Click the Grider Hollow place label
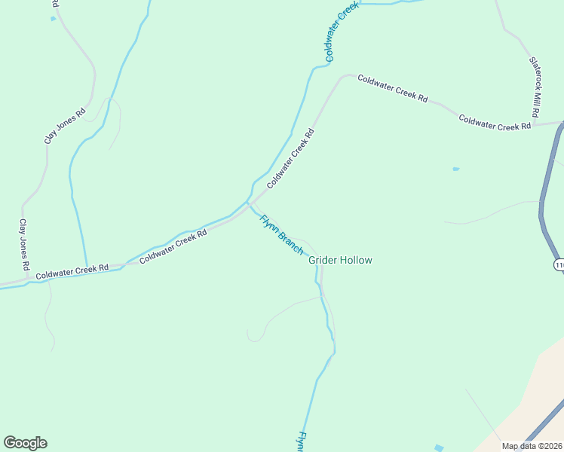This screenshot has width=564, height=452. click(340, 260)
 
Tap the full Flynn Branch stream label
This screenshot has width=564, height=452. click(281, 234)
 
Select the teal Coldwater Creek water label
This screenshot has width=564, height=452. click(341, 32)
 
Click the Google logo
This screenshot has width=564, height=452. click(25, 443)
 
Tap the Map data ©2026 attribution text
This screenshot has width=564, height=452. click(532, 446)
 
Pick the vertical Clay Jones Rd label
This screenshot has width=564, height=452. click(23, 246)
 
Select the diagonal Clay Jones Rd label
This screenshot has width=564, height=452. click(65, 124)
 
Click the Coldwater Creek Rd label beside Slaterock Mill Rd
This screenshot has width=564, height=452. click(495, 123)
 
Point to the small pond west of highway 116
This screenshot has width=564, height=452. click(455, 169)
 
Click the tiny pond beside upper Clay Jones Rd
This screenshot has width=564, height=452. click(54, 19)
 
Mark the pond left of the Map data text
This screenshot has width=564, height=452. click(440, 447)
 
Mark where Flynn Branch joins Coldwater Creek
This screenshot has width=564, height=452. click(249, 202)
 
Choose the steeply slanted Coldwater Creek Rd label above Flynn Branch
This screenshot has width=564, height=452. click(290, 158)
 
